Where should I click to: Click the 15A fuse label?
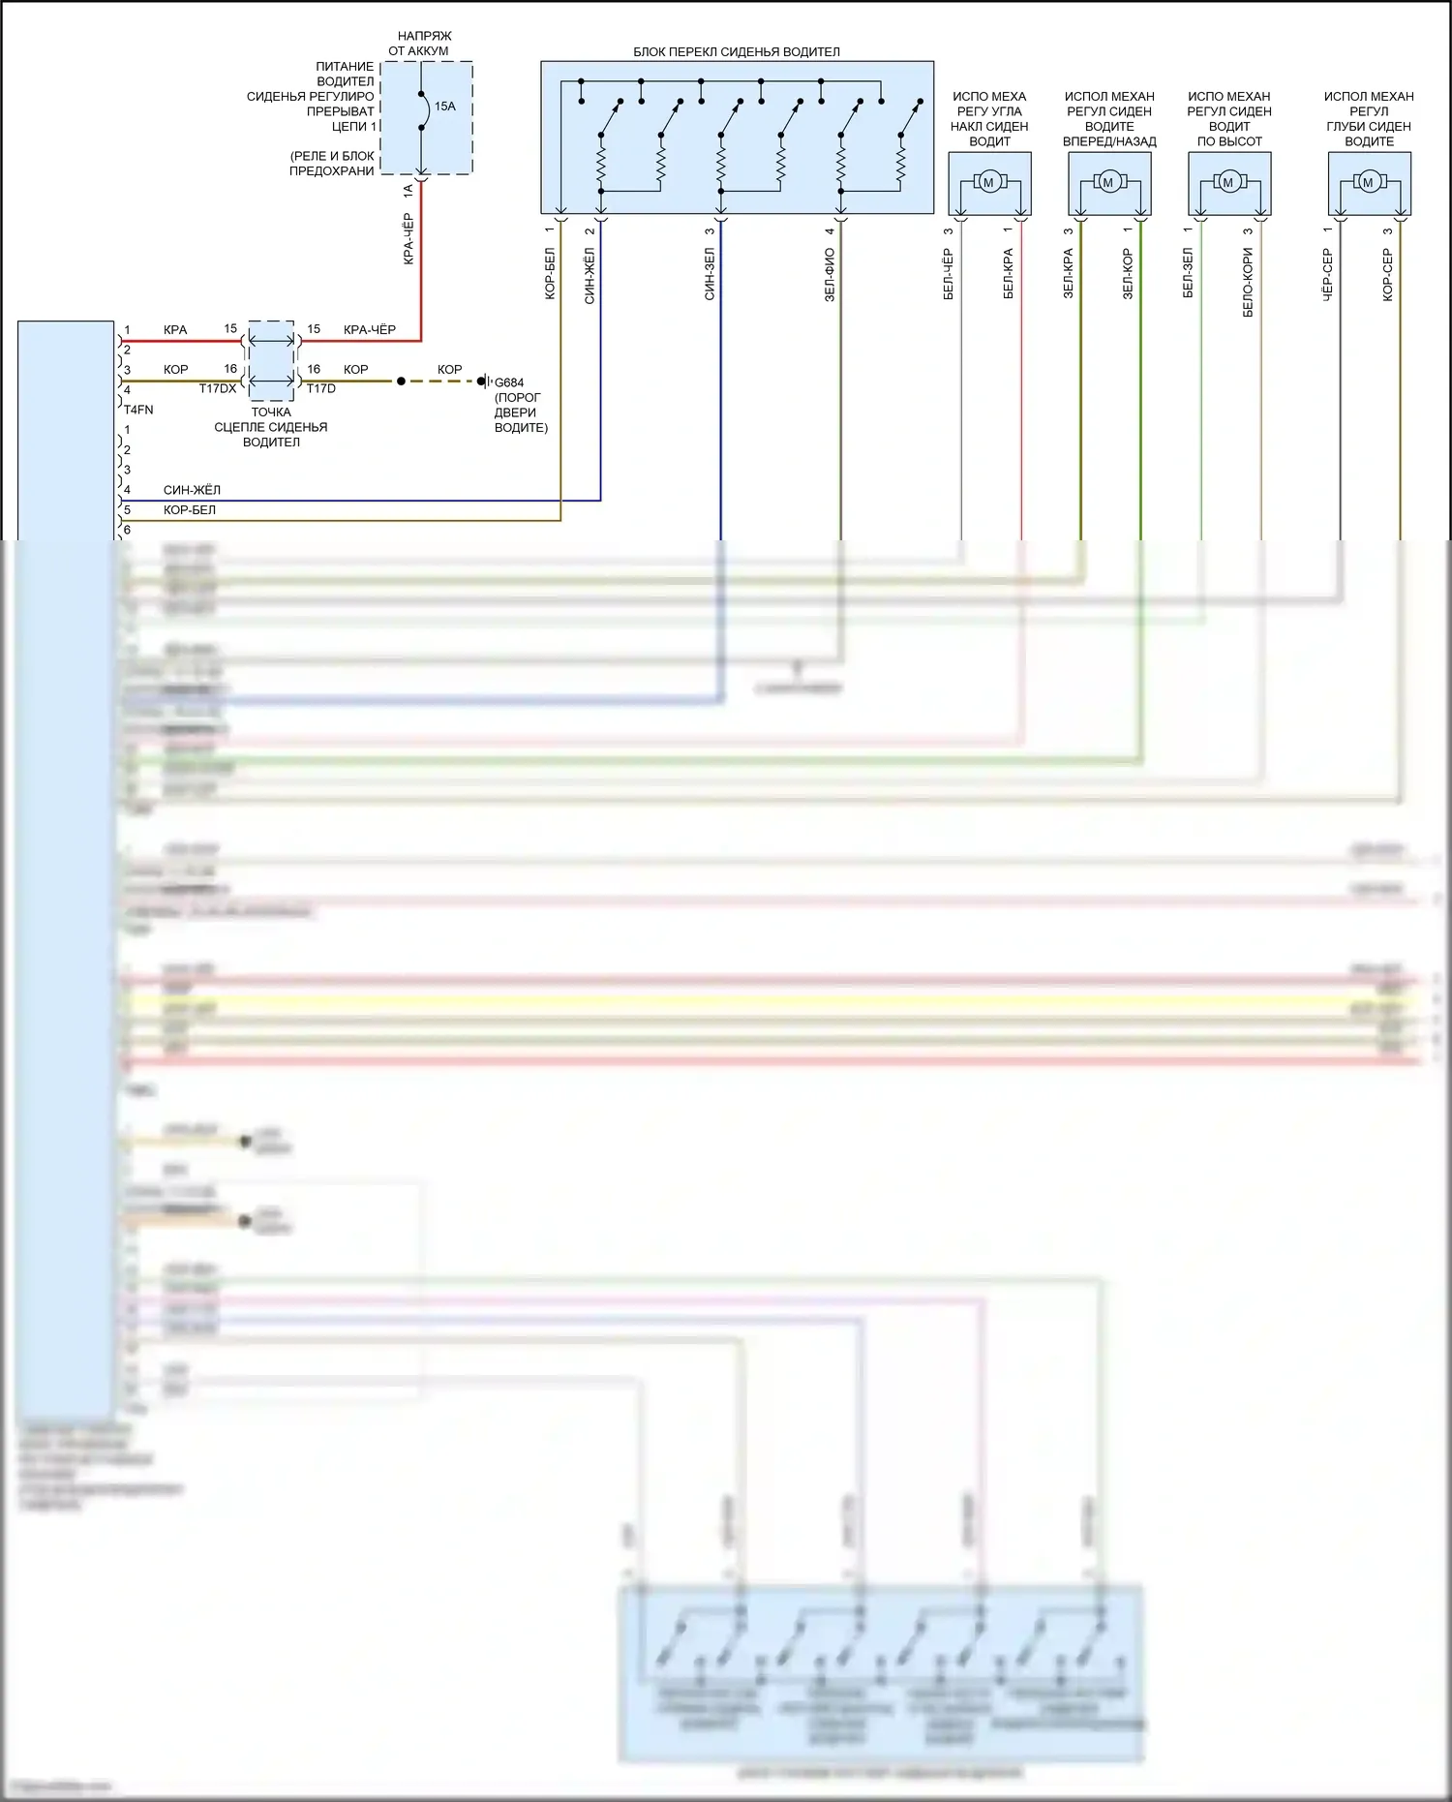(444, 107)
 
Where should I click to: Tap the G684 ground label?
(509, 382)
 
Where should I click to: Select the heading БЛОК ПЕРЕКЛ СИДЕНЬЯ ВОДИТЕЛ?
(737, 52)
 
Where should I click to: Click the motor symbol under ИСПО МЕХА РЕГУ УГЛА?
(988, 182)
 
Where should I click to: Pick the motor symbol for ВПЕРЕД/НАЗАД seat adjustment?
(1108, 182)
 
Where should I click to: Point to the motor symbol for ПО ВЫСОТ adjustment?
(1228, 182)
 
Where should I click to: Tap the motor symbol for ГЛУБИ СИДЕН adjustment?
(1368, 182)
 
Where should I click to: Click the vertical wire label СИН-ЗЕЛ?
(710, 275)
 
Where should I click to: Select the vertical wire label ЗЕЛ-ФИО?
(830, 275)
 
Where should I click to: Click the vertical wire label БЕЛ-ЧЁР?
(949, 275)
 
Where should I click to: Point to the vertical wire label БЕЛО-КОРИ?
(1249, 283)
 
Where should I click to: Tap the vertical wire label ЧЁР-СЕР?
(1328, 275)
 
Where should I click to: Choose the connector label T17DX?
(218, 389)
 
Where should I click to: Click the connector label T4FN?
(138, 410)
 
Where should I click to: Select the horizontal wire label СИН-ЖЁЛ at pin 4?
(192, 490)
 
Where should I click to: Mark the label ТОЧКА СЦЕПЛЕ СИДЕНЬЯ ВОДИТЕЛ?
(271, 427)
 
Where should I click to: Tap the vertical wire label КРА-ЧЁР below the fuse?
(408, 239)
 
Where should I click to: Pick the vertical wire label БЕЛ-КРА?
(1009, 275)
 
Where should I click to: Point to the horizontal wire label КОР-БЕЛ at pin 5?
(190, 510)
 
